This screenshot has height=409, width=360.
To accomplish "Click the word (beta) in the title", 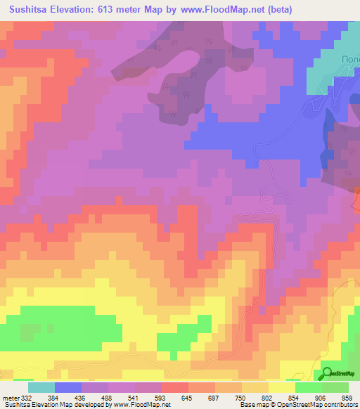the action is [x=276, y=10].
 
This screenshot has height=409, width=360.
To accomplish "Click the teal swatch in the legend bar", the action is [x=41, y=387].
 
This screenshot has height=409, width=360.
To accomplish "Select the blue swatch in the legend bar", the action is [x=68, y=387].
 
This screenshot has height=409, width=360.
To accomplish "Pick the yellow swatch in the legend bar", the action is [x=282, y=387].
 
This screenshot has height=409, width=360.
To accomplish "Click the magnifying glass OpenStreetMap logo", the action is [x=328, y=374].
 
